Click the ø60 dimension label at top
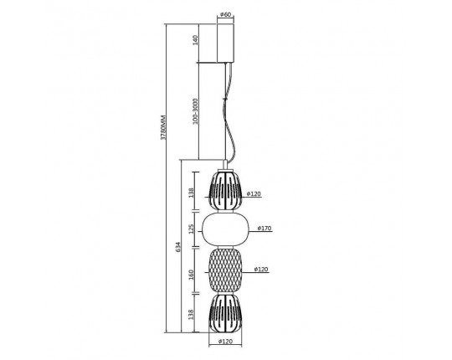[x=225, y=14]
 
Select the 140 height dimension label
[x=195, y=40]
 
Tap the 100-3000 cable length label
[x=195, y=111]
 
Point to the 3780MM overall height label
[x=163, y=128]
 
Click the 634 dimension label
[x=178, y=247]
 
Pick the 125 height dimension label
[x=192, y=229]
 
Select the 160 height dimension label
[x=192, y=275]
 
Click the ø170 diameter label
[x=264, y=229]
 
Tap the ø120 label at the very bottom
[x=225, y=342]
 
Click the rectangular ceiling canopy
[x=225, y=44]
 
